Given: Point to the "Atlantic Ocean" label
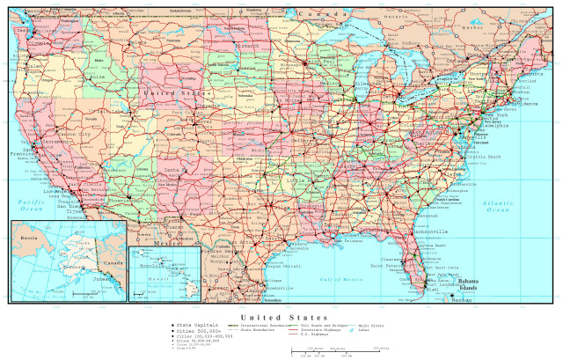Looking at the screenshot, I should pyautogui.click(x=498, y=207).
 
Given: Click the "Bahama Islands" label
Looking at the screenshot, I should pyautogui.click(x=466, y=286).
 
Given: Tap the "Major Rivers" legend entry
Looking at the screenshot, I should pyautogui.click(x=373, y=325).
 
